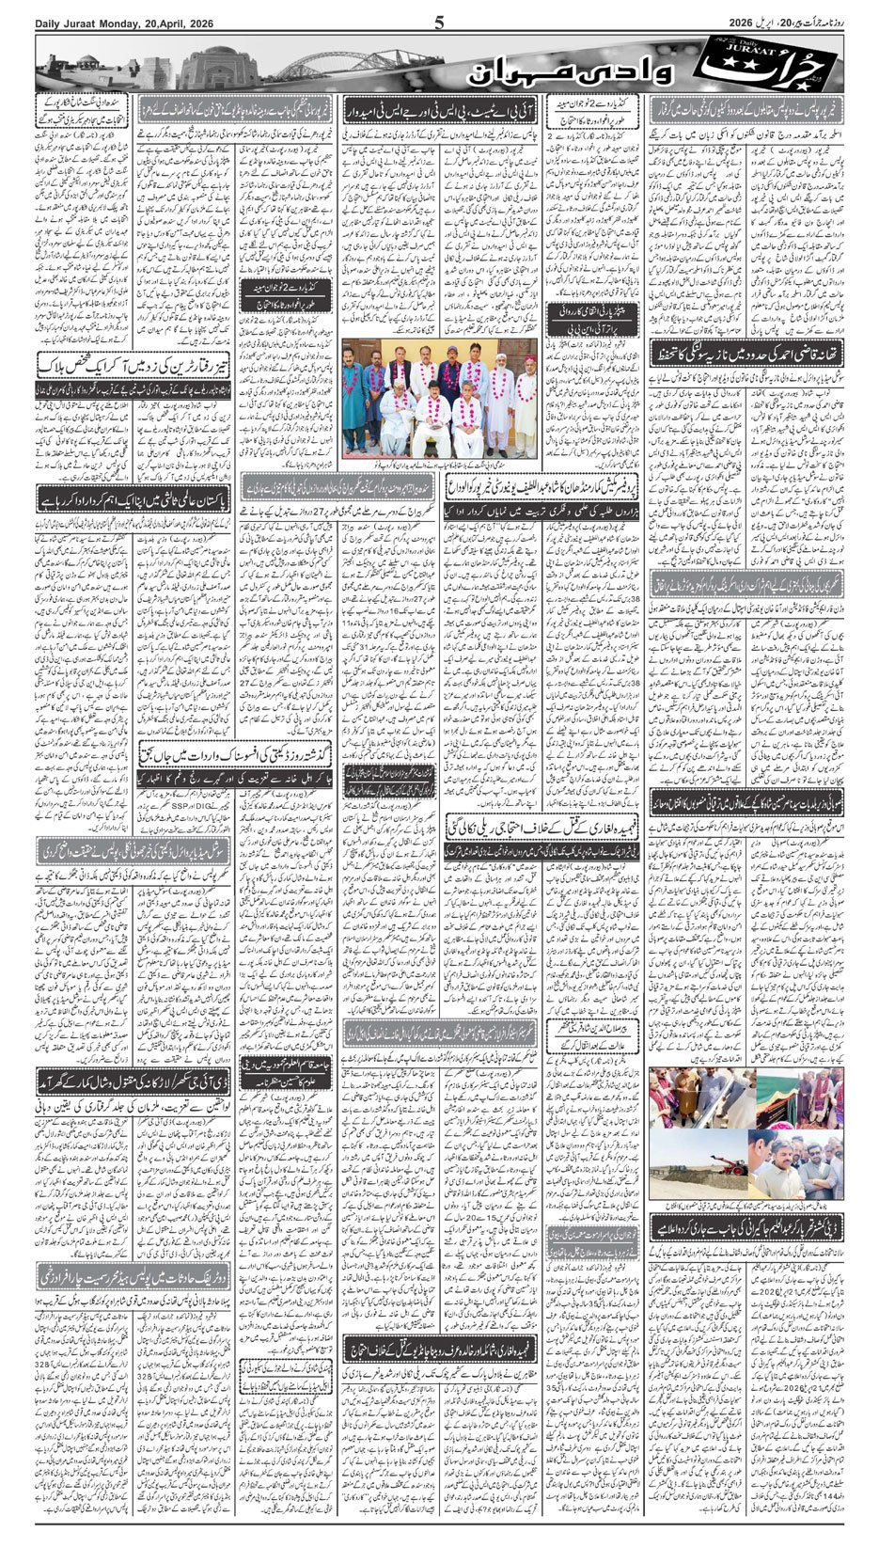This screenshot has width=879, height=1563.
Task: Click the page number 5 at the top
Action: coord(439,24)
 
